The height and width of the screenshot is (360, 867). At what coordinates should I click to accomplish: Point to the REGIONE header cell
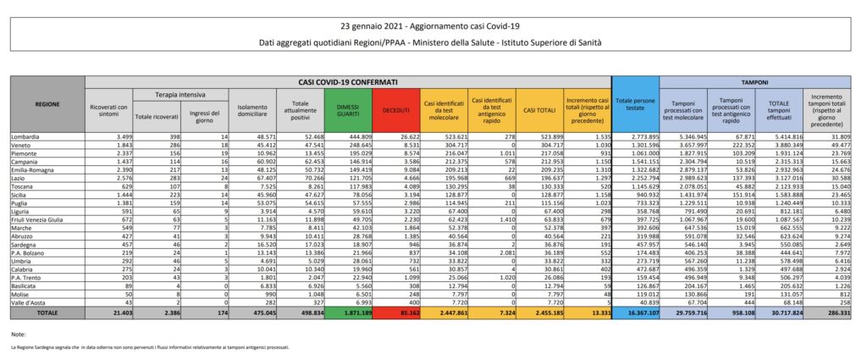[x=47, y=104]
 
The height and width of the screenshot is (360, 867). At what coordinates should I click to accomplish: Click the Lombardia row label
[x=26, y=136]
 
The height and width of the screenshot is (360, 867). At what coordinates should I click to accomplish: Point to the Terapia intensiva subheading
[x=178, y=95]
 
